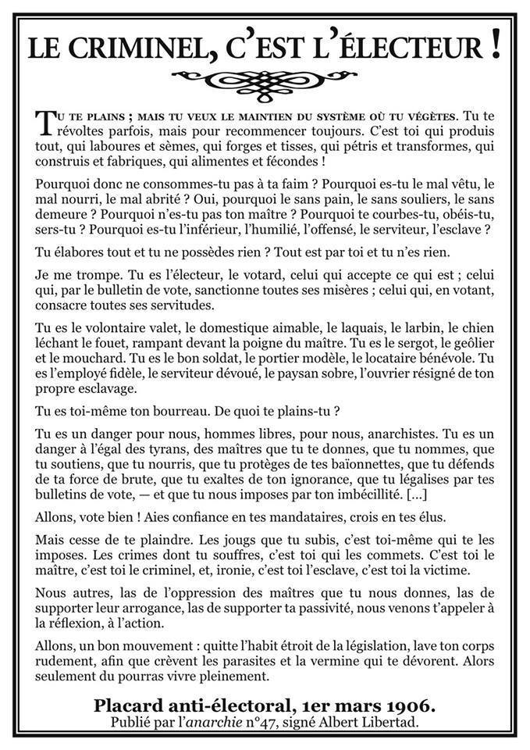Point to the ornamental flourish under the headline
[x=265, y=77]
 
